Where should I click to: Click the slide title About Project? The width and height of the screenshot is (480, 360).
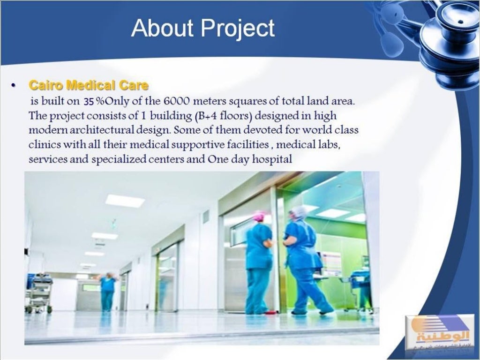pyautogui.click(x=203, y=28)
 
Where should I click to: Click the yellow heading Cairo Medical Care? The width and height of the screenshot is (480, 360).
pyautogui.click(x=89, y=85)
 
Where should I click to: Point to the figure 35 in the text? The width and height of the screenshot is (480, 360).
pyautogui.click(x=89, y=101)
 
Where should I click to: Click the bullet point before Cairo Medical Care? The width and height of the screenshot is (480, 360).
pyautogui.click(x=14, y=86)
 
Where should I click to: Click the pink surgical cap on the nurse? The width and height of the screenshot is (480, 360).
pyautogui.click(x=259, y=216)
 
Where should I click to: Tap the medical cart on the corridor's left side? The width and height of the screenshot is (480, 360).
pyautogui.click(x=39, y=293)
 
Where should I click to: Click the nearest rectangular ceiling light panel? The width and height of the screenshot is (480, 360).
pyautogui.click(x=125, y=201)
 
